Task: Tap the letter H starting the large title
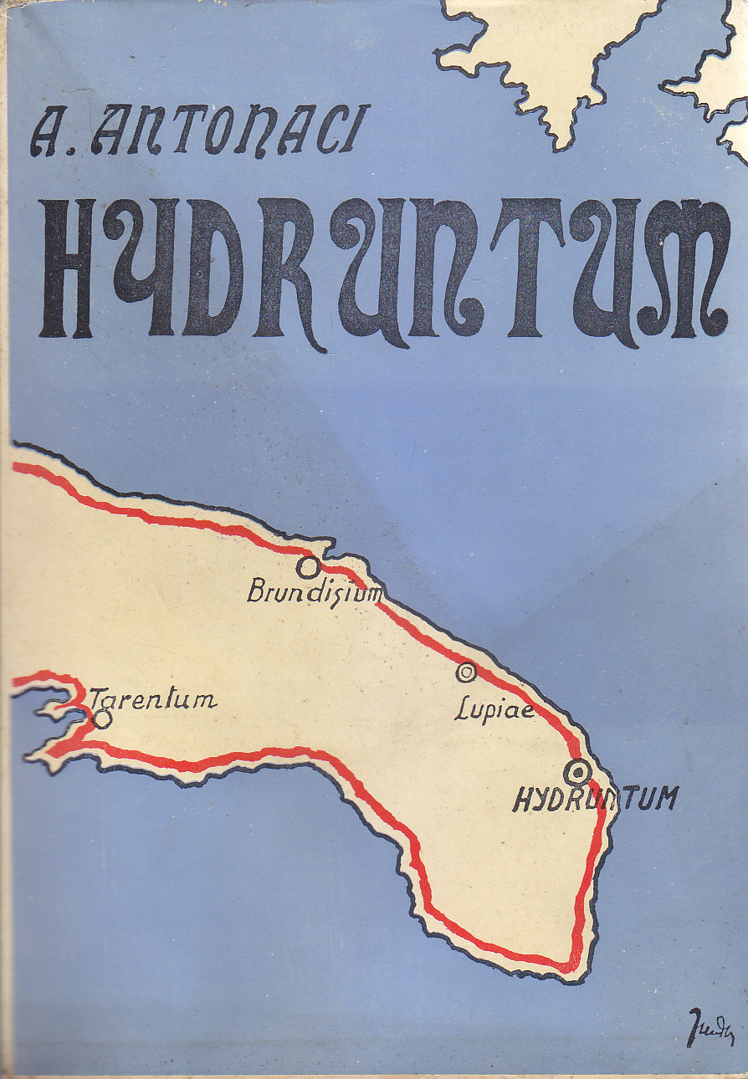coord(67,268)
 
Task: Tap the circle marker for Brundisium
coord(309,568)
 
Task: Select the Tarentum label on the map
coord(153,699)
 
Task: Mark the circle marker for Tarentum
coord(102,718)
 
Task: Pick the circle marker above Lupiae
coord(465,671)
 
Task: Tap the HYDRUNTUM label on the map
coord(594,800)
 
